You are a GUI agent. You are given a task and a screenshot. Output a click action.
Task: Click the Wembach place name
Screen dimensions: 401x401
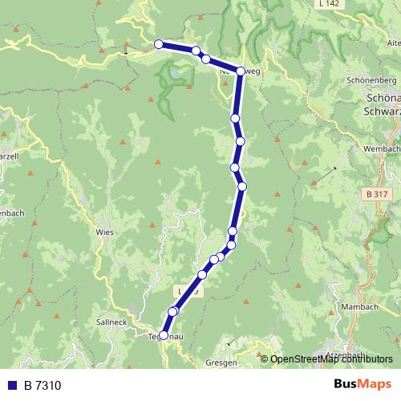coord(380,149)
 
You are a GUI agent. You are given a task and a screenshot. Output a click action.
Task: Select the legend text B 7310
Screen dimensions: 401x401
coord(42,386)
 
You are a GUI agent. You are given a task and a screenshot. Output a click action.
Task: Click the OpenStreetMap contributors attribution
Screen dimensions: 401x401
coord(331,359)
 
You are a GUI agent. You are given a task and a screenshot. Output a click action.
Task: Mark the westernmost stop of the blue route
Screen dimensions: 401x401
coord(159,44)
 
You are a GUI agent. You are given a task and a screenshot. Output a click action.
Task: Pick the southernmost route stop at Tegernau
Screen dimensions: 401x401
coord(164,335)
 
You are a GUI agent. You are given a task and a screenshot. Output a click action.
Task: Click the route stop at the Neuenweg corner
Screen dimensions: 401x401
coord(241,71)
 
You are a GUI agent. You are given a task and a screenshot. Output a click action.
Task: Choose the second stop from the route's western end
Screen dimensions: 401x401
coord(196,51)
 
